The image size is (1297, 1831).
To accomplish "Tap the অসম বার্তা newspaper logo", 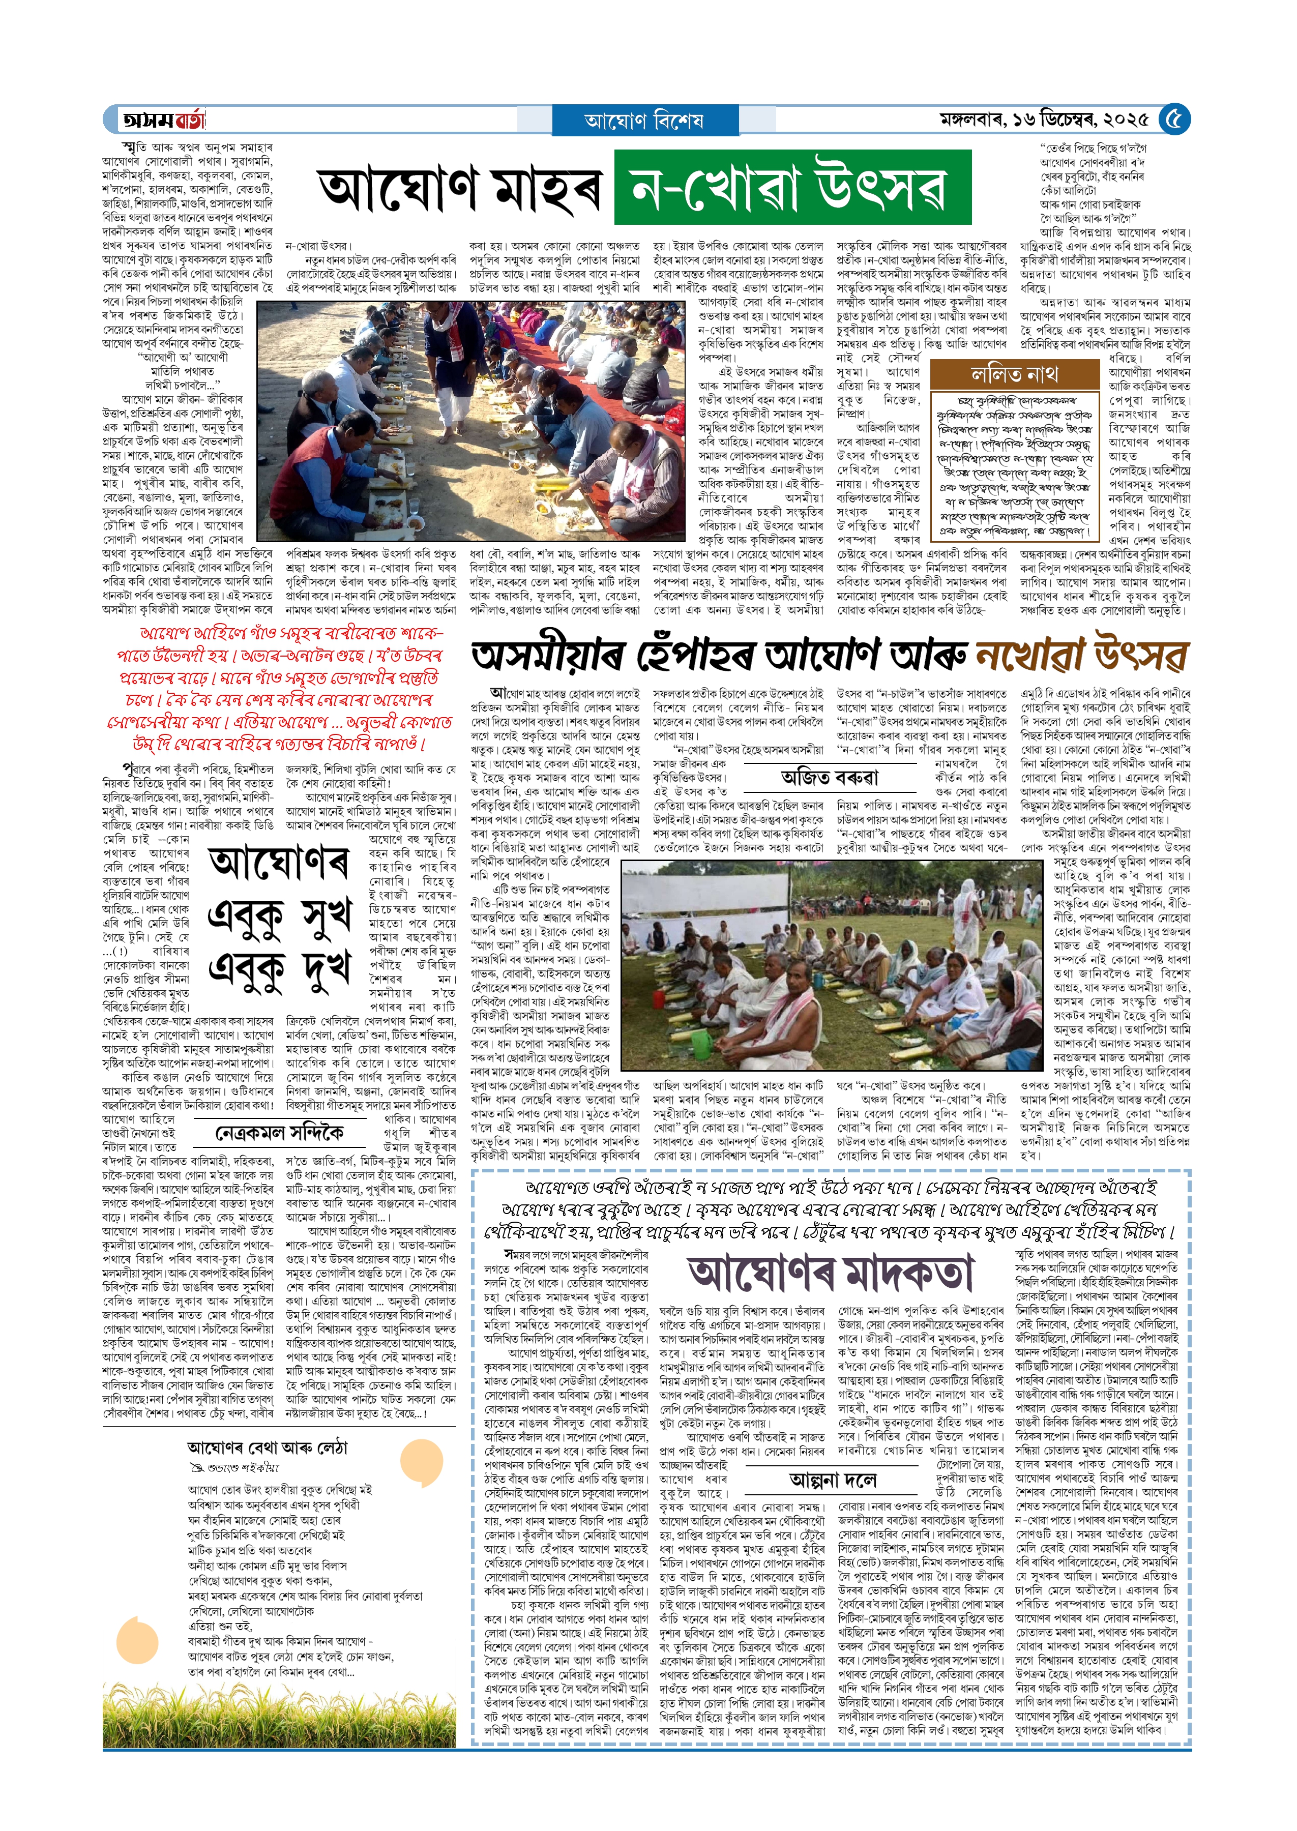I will pos(164,121).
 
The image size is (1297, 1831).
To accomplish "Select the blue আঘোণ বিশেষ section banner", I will pos(644,121).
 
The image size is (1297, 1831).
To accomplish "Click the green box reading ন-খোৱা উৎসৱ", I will pos(791,188).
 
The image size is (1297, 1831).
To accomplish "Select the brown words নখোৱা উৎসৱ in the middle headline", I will pos(1082,657).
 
